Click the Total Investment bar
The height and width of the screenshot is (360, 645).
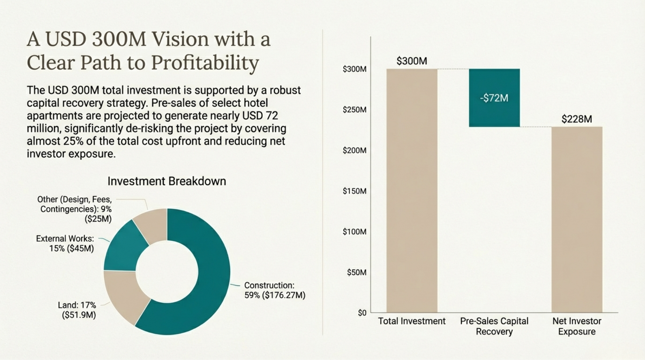point(412,190)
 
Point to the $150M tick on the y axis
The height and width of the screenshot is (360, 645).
point(355,191)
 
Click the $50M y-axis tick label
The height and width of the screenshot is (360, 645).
point(357,272)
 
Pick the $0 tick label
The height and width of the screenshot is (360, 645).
point(362,313)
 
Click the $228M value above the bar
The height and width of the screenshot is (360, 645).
point(576,119)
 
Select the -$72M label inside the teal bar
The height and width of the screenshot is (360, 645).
point(494,98)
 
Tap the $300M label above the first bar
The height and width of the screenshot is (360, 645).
point(411,61)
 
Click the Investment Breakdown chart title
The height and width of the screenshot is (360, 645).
point(167,181)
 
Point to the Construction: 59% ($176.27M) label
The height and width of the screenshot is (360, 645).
point(275,290)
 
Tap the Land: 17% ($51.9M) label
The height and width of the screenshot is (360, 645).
point(77,310)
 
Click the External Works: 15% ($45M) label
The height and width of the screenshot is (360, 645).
point(65,243)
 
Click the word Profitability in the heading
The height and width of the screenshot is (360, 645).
point(205,63)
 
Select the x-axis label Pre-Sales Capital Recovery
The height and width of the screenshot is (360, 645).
point(494,326)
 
